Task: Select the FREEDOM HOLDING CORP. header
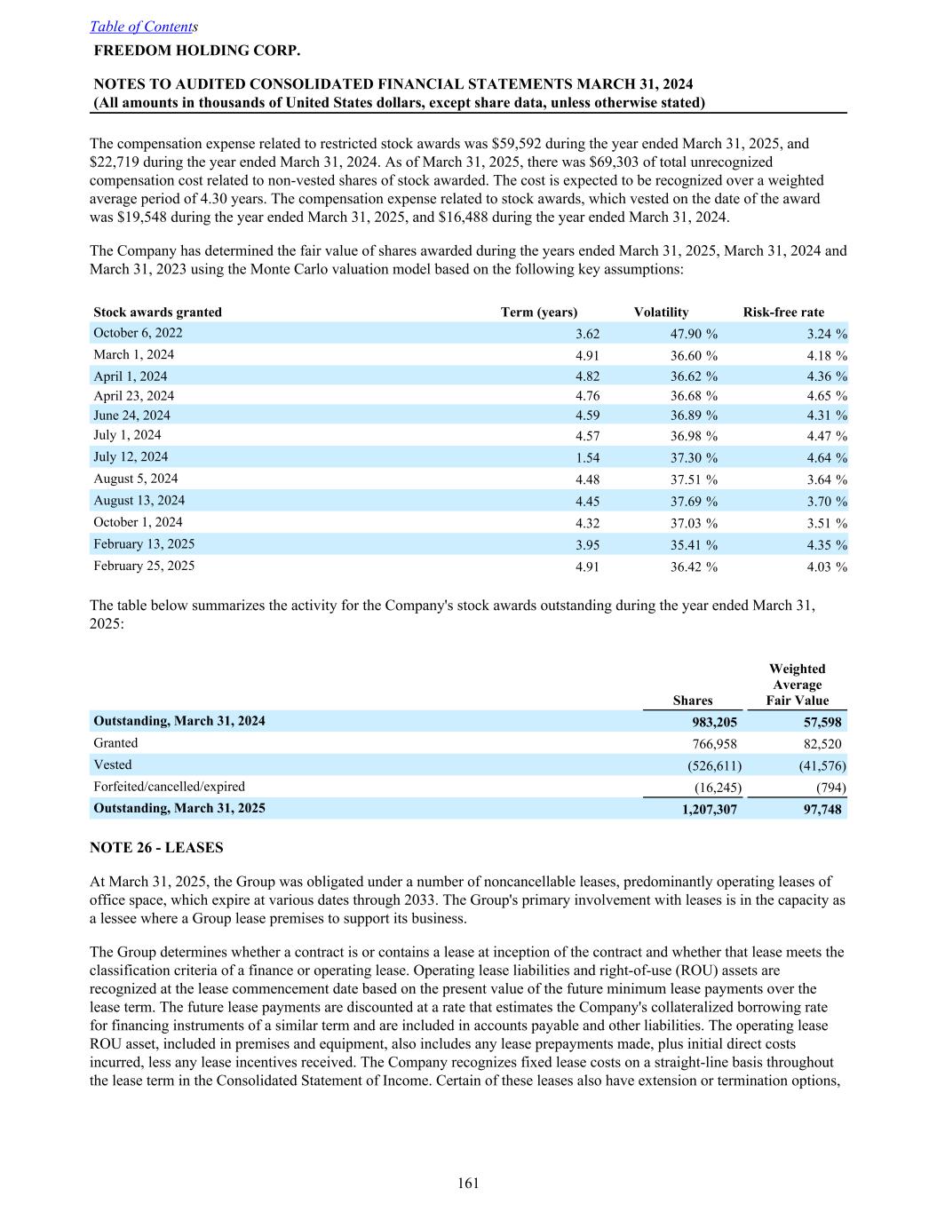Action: coord(196,50)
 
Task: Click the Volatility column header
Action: coord(661,312)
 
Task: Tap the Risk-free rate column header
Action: coord(783,312)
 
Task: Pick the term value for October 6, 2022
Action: coord(587,334)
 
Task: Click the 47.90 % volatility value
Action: coord(694,334)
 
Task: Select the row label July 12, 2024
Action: coord(131,456)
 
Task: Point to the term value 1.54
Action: coord(587,458)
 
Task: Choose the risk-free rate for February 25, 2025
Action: coord(826,566)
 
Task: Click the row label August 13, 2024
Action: coord(139,500)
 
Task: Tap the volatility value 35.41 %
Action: coord(694,545)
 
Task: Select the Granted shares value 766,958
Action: coord(714,744)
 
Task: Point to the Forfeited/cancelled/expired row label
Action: coord(169,787)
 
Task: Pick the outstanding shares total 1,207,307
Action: coord(708,809)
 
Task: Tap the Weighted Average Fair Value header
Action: coord(797,685)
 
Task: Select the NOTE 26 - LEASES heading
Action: coord(156,847)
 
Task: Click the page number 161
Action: coord(468,1183)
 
